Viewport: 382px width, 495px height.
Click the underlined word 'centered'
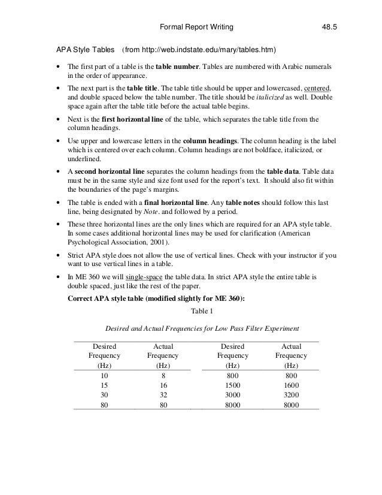pyautogui.click(x=317, y=87)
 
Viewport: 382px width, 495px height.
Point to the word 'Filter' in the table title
pyautogui.click(x=242, y=329)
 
